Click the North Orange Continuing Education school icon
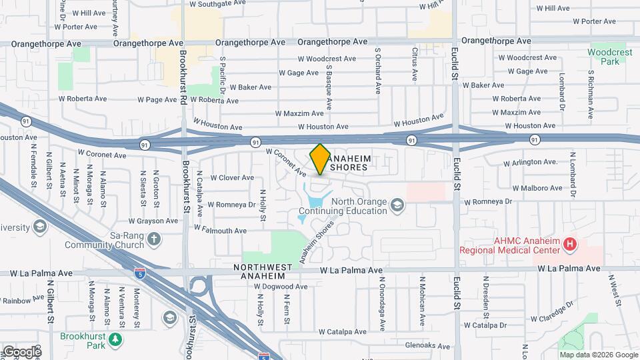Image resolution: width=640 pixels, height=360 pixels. coord(397,204)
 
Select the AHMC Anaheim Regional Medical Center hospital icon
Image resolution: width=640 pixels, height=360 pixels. coord(569,245)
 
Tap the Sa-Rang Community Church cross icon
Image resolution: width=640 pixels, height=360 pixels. coord(154,238)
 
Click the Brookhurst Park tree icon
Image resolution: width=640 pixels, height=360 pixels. coord(117,340)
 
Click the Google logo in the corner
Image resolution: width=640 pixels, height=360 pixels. coord(21,351)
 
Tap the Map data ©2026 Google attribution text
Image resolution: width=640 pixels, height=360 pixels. coord(599,355)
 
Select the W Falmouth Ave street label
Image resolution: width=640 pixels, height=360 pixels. coord(220,230)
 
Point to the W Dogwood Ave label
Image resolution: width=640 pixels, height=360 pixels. coord(281,287)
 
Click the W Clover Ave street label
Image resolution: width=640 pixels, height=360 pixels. coord(232,177)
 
